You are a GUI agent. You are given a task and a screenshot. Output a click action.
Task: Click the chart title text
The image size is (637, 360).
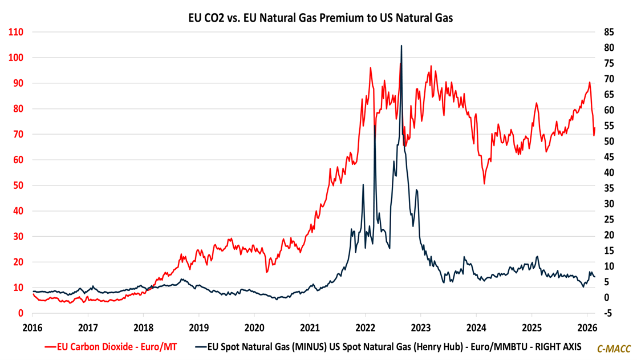320,18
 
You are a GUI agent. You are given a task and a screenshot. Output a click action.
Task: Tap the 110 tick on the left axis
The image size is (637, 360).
16,32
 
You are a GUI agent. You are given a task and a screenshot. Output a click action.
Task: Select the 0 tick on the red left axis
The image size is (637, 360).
21,313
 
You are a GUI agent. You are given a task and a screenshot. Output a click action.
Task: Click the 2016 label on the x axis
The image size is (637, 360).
32,327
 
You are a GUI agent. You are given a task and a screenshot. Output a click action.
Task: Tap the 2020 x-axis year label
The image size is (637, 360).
254,327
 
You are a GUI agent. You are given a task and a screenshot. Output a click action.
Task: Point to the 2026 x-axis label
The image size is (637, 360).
587,327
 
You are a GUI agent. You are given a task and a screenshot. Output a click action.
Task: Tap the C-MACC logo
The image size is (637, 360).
614,348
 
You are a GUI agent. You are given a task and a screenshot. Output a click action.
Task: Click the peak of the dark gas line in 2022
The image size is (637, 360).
401,46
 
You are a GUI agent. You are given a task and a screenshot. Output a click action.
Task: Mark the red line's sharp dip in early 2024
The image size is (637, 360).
484,183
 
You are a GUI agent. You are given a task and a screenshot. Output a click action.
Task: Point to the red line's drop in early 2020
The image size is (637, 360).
266,272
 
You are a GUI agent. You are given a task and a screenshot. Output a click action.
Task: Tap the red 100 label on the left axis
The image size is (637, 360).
16,58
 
